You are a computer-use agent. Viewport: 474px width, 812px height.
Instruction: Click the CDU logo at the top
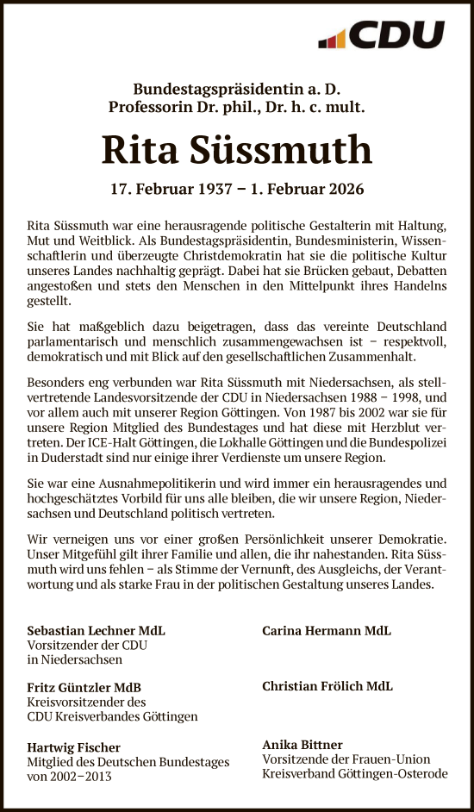382,35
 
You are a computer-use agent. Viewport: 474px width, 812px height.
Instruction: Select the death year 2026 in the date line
343,189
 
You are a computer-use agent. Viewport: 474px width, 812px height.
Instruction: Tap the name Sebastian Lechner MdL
97,631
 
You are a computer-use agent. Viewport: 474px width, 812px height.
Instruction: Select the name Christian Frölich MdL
327,686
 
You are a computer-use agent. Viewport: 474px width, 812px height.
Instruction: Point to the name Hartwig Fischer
74,747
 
